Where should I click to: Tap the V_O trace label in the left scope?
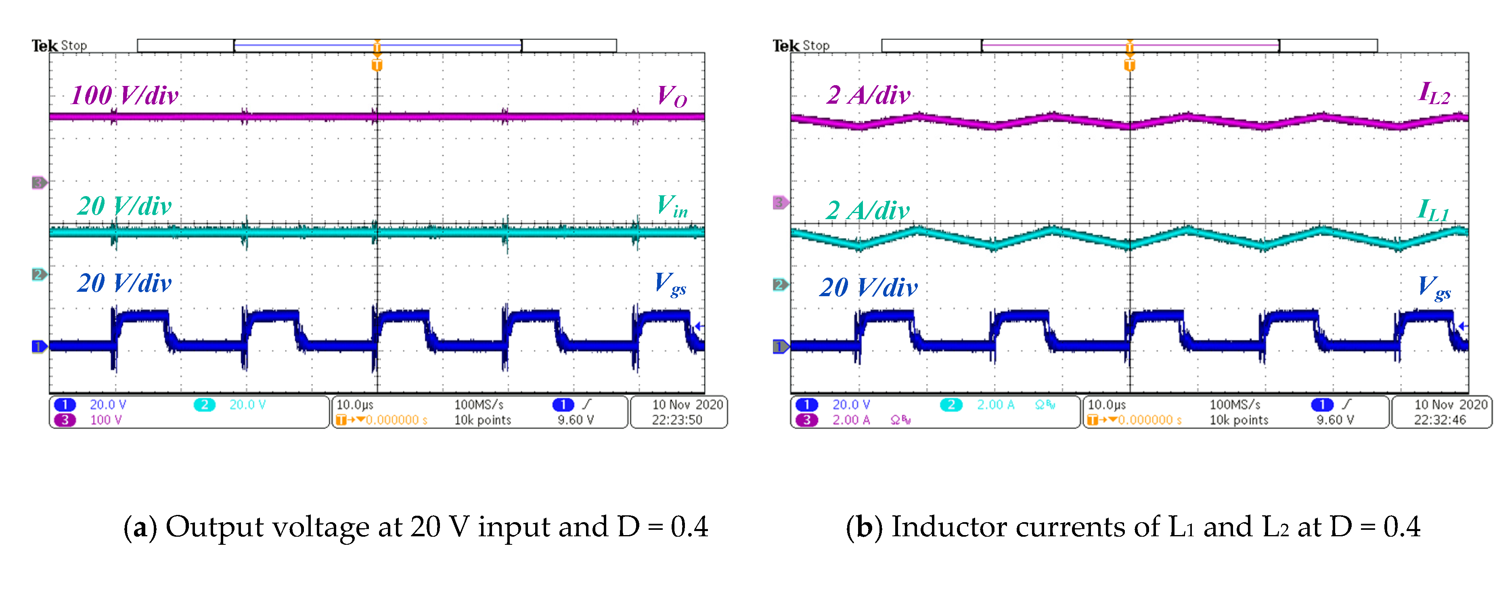[672, 96]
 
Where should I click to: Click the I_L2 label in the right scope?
[1434, 93]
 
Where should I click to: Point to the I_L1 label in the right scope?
[1433, 210]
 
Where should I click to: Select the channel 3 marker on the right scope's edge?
[780, 203]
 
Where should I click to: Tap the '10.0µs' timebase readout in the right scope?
[1106, 405]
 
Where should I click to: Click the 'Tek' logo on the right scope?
[785, 45]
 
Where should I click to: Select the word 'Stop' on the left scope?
[74, 45]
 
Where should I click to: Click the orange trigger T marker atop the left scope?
[377, 64]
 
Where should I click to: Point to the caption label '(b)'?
[864, 527]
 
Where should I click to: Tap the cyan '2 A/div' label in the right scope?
[867, 211]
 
